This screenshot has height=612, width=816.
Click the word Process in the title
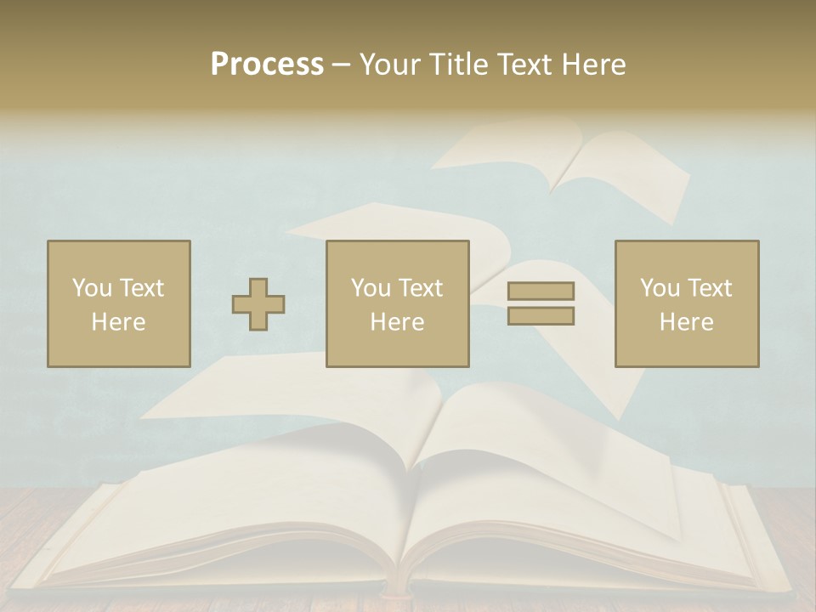coord(267,65)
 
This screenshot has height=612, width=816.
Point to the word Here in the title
coord(593,65)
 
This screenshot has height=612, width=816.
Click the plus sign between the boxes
coord(258,304)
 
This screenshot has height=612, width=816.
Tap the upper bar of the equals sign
coord(541,292)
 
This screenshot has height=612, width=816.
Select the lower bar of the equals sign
coord(541,316)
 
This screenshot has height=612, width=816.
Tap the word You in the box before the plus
coord(92,288)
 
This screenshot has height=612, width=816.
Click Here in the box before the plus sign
coord(119,322)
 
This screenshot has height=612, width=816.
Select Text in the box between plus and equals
coord(420,288)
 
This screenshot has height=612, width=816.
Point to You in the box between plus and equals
coord(371,288)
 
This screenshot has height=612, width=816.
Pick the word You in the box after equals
coord(660,288)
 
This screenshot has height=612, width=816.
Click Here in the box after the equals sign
coord(687,322)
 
